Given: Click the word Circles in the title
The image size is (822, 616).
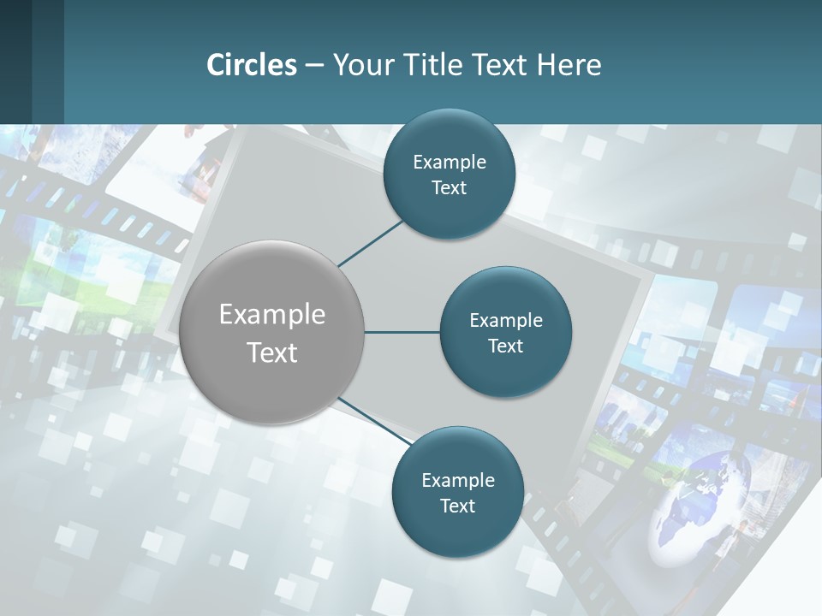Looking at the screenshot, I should (x=251, y=65).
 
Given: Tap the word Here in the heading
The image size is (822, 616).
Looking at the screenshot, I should (x=569, y=65).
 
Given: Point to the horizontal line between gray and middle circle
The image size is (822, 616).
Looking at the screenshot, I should (x=402, y=332).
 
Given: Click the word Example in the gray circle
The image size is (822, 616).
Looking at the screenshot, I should (x=272, y=314).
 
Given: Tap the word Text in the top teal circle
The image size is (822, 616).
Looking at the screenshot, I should (x=449, y=187).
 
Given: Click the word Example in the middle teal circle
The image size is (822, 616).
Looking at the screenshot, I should (x=505, y=320).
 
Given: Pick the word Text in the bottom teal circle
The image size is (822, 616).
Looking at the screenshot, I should (x=457, y=506).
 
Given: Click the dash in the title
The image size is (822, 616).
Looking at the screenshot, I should (x=314, y=65).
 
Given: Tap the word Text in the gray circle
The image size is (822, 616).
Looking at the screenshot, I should (x=272, y=352).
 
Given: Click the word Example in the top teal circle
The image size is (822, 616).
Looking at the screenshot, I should (x=449, y=162).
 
